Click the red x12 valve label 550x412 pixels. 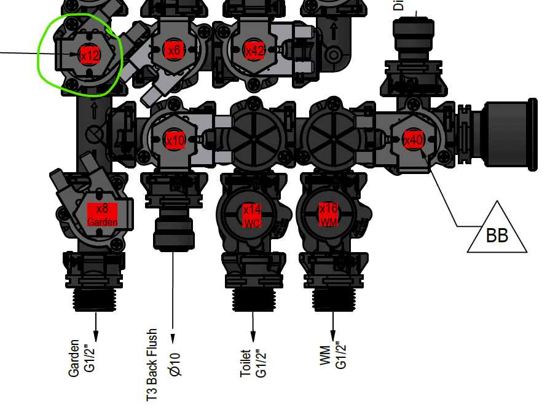pos(90,55)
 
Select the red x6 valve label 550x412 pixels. pos(175,50)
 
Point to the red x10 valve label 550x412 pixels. pos(175,140)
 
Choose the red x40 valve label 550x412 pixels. pos(414,140)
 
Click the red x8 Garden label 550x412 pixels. pos(102,215)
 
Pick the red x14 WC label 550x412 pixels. pos(253,216)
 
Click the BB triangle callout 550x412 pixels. pos(497,231)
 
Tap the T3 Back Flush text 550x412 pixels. pos(152,365)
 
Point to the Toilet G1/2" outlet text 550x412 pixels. pos(253,363)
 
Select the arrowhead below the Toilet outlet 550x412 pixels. pos(253,336)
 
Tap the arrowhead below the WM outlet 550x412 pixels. pos(333,335)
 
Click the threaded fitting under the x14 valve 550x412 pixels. pos(253,301)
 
